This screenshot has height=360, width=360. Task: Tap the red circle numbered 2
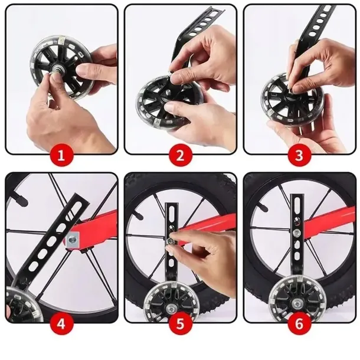[181, 157]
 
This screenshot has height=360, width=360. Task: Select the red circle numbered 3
[299, 157]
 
